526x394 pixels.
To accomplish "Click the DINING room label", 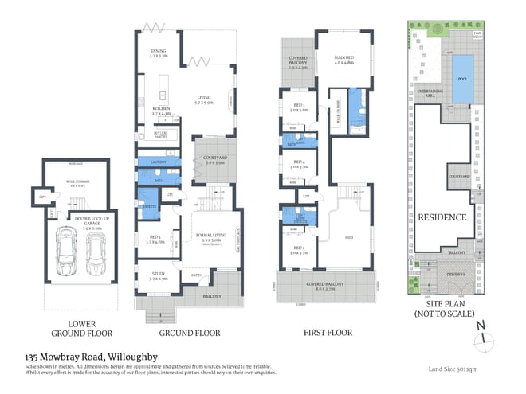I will point(158,53).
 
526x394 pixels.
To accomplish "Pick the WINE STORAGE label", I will point(77,182).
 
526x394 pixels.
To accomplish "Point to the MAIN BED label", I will point(343,58).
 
